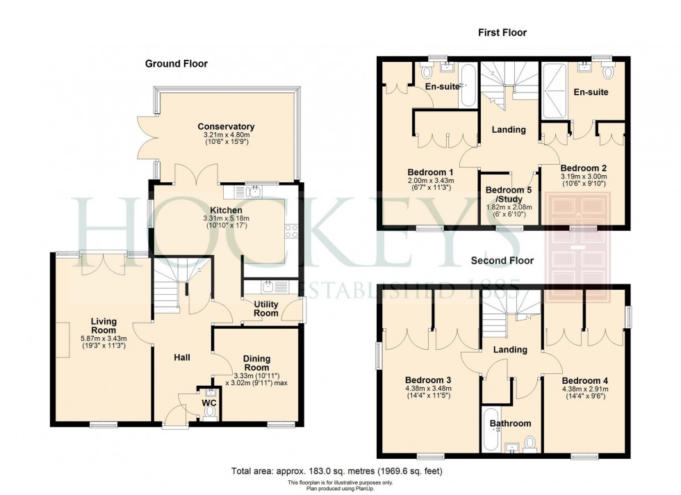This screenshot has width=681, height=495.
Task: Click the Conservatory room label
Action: point(226,127)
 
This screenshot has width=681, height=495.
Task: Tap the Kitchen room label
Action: point(226,210)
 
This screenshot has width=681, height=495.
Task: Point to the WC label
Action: point(209,403)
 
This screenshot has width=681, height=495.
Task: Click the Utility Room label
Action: point(265,309)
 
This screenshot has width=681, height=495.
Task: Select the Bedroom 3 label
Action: point(428,380)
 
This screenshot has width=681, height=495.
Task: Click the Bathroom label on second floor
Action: point(510,423)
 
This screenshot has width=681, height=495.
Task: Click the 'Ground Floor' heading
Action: point(176,64)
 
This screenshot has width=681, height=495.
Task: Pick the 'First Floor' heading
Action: point(502,33)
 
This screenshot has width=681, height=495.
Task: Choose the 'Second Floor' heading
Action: point(502,261)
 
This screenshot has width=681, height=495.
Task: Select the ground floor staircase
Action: point(171,286)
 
